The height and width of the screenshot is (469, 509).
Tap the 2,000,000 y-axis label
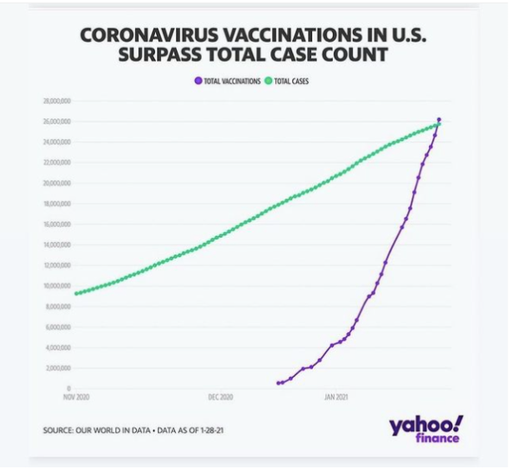[x=56, y=368]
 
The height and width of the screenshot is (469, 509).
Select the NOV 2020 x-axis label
[x=76, y=397]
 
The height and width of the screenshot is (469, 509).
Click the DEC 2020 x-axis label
[x=220, y=397]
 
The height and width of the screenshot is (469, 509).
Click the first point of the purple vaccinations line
[x=278, y=383]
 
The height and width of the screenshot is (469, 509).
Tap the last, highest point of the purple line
[x=439, y=119]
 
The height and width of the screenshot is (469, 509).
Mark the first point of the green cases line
[x=76, y=293]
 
